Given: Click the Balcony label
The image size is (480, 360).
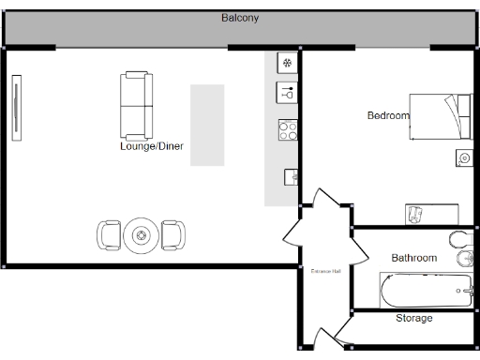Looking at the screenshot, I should click(240, 18).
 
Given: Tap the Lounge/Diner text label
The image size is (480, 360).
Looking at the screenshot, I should click(151, 146).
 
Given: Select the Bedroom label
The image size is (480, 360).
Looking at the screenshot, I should click(387, 115).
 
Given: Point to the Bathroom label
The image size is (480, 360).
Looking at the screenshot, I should click(413, 258).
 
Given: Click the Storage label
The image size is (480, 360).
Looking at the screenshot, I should click(413, 319).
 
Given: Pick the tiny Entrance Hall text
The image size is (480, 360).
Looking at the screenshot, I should click(325, 271).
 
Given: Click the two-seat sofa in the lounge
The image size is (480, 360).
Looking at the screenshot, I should click(135, 104).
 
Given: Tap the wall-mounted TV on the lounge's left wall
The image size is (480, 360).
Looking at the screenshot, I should click(16, 109).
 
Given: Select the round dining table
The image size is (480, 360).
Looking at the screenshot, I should click(142, 235).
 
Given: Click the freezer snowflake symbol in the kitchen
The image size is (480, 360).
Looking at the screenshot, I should click(288, 64).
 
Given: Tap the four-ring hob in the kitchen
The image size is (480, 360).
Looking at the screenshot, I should click(288, 130).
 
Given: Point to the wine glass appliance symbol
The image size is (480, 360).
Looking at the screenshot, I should click(288, 93).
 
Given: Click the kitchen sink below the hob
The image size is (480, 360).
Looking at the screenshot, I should click(291, 175).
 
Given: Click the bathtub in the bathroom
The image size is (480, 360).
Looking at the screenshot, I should click(427, 291).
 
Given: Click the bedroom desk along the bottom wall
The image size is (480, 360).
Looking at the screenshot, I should click(431, 214).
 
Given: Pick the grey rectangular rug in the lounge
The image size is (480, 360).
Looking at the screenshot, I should click(207, 125).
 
